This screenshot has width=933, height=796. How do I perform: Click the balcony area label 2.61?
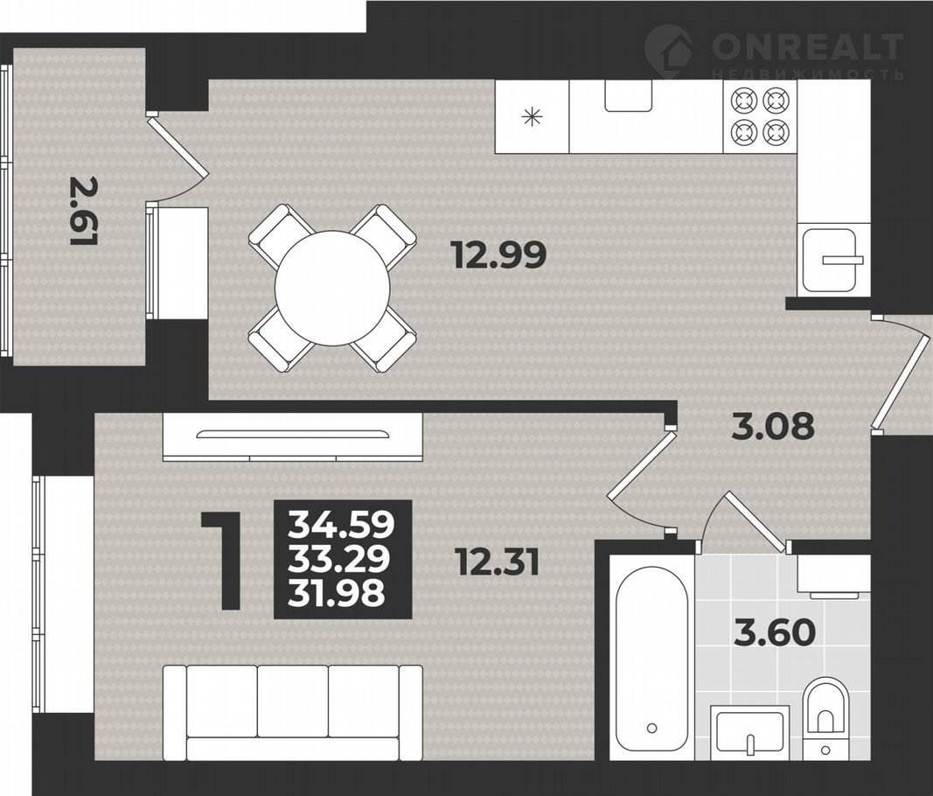83,211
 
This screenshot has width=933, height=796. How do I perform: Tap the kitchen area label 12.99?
499,255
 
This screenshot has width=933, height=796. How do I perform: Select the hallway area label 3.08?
773,426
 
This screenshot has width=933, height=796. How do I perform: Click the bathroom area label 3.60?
775,632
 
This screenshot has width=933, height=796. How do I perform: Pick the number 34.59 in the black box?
342,525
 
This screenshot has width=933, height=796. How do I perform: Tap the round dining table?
332,288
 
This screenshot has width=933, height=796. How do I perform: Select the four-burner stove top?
760,116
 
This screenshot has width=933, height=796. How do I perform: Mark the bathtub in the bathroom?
652,659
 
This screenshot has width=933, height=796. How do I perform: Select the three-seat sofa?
293,712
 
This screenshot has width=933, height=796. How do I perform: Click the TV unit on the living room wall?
293,437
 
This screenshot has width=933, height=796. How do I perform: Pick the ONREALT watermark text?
807,46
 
